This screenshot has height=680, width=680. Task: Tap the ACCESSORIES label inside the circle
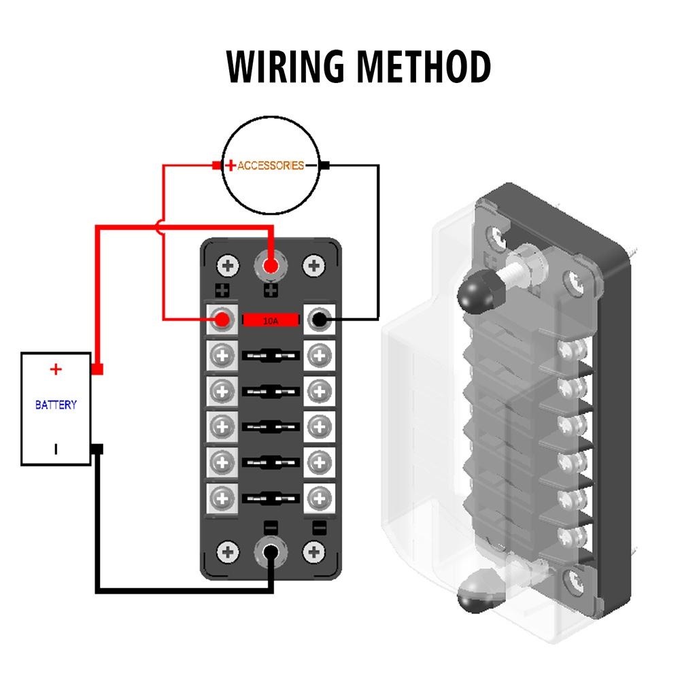[x=271, y=165]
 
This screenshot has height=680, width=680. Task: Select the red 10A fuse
[x=271, y=320]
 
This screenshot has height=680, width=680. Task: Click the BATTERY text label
[x=56, y=405]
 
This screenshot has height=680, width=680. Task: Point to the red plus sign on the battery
[x=56, y=369]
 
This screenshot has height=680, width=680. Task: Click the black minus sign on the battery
[x=56, y=449]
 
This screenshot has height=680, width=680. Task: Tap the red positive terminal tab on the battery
[x=97, y=369]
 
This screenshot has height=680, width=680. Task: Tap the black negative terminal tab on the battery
[x=97, y=449]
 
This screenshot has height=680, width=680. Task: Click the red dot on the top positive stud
[x=271, y=265]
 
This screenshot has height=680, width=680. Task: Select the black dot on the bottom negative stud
[x=271, y=553]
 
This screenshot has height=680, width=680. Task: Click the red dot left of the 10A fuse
[x=222, y=320]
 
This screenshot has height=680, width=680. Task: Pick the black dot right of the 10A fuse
[x=319, y=320]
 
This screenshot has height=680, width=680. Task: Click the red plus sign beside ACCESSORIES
[x=231, y=165]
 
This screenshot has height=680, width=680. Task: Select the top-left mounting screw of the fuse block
[x=228, y=265]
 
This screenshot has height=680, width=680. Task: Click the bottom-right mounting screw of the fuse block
[x=314, y=553]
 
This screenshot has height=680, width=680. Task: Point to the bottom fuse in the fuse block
[x=271, y=498]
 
